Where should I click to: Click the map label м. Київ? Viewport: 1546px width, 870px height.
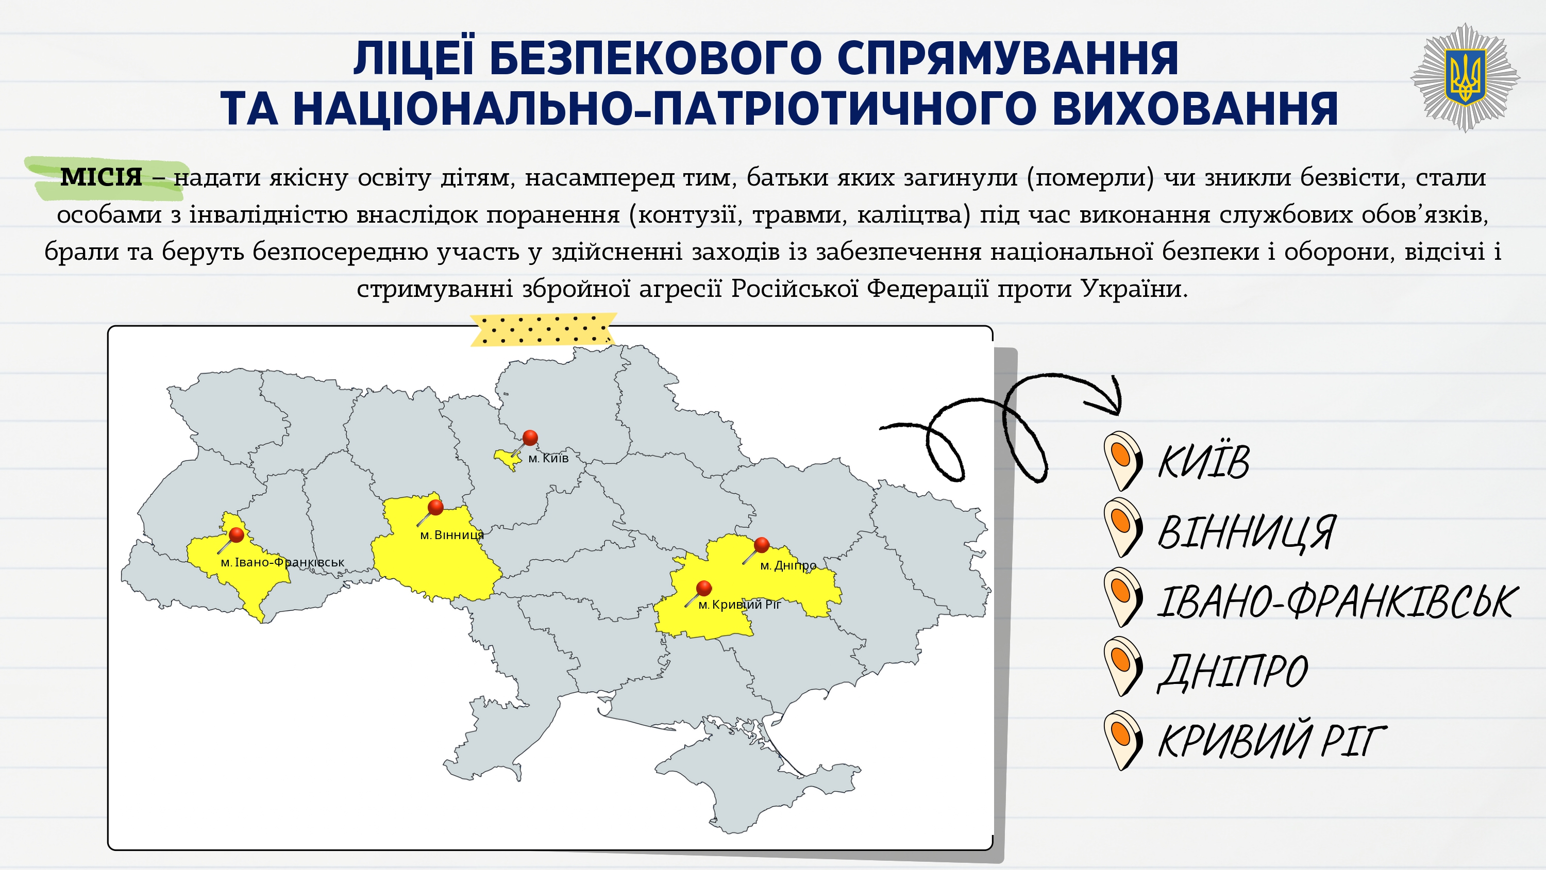pos(548,458)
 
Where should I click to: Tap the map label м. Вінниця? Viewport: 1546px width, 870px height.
pos(451,535)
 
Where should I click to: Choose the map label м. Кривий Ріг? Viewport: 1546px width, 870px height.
pos(740,605)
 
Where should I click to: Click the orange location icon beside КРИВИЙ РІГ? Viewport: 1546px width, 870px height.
pos(1122,740)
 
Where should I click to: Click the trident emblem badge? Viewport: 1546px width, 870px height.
pos(1465,77)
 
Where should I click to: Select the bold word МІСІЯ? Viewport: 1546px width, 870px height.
pos(101,177)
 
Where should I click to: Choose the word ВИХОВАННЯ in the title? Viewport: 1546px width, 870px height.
pos(1195,109)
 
